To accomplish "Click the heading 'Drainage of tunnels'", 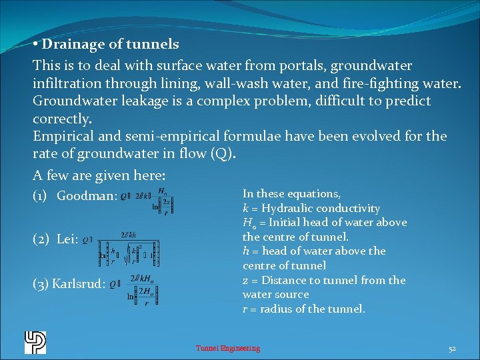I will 109,45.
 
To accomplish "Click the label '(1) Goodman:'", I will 75,196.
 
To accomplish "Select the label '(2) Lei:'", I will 55,239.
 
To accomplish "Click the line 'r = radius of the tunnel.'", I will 303,309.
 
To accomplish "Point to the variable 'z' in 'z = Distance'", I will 245,280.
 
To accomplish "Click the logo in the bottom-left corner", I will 35,342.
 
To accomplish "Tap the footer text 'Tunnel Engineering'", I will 227,348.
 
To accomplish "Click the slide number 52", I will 451,348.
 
